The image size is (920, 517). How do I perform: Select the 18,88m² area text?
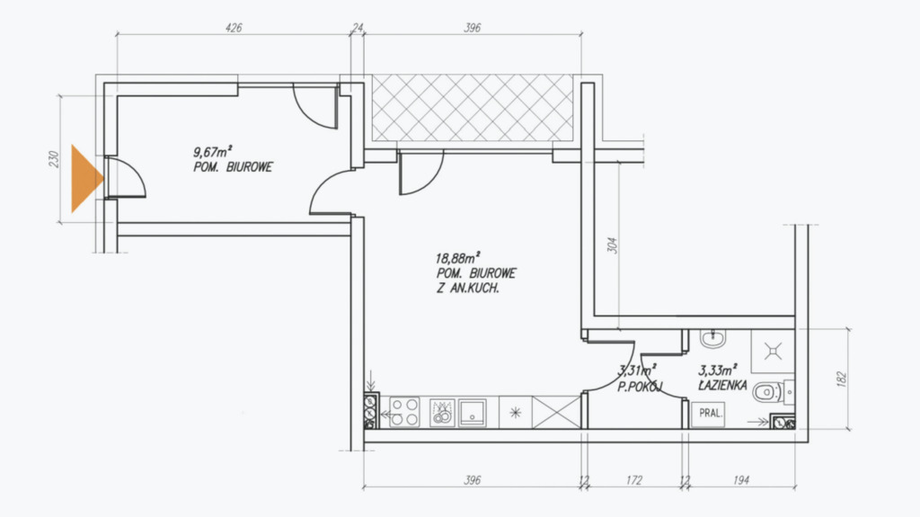(457, 257)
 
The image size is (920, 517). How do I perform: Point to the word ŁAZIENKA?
(722, 386)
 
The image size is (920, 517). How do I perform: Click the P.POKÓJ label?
(640, 387)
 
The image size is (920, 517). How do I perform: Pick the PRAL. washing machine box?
(709, 413)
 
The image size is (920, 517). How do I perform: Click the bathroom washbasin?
(712, 338)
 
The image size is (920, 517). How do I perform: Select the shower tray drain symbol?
(773, 352)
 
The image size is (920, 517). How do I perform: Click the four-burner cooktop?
(405, 412)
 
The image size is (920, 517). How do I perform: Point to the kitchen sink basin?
(473, 413)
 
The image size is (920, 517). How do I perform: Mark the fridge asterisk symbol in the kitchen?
(515, 413)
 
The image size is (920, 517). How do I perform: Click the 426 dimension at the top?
(234, 28)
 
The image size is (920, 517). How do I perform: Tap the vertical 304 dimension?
(612, 245)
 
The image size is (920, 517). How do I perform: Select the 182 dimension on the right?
(841, 379)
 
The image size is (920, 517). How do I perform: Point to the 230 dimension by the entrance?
(54, 159)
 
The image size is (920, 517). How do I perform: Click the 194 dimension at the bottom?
(741, 480)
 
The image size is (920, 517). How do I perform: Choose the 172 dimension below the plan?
(633, 480)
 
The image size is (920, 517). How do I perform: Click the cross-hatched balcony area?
(473, 108)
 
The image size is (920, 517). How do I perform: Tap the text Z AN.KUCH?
(467, 289)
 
